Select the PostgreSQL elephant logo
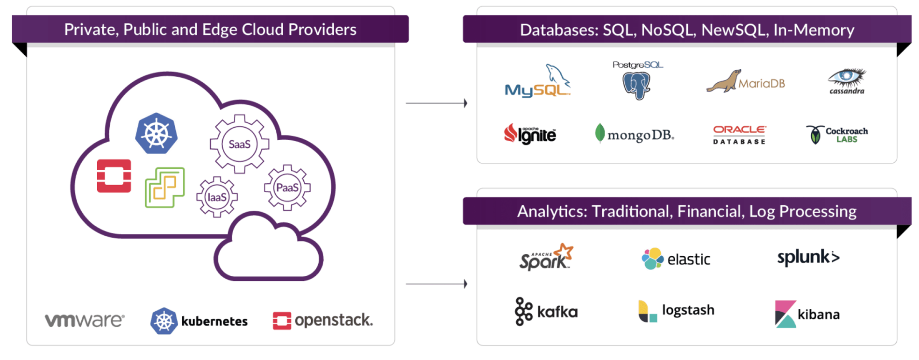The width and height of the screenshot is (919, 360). click(637, 81)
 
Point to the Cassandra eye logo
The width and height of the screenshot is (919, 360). click(847, 80)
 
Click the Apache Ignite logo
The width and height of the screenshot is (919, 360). click(530, 134)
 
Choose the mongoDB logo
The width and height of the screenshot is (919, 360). click(634, 134)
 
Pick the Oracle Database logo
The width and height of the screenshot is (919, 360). click(739, 134)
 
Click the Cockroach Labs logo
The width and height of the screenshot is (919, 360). click(837, 134)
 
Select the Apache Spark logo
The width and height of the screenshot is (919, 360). click(546, 257)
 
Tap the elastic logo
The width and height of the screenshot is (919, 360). click(676, 259)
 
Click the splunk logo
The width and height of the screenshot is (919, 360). click(808, 257)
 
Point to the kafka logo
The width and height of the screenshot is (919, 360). click(546, 311)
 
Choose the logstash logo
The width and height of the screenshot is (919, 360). click(676, 311)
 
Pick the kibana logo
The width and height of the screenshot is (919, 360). click(807, 314)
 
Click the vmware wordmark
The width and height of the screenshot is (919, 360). click(85, 320)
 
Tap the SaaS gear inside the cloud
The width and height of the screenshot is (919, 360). click(240, 144)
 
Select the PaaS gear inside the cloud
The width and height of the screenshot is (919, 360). click(287, 187)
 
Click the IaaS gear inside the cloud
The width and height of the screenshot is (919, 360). click(217, 197)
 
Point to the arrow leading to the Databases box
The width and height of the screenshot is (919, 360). click(436, 103)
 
